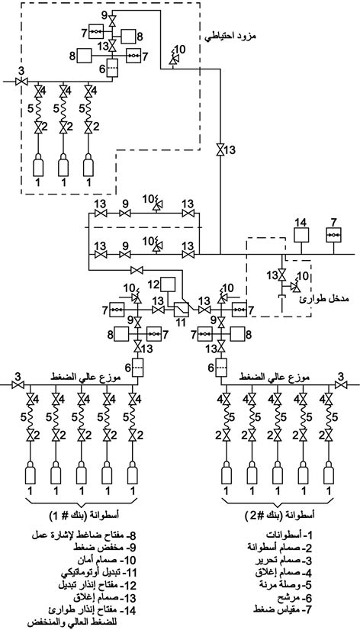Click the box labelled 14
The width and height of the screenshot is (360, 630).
click(x=301, y=235)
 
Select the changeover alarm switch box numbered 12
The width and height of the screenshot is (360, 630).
click(x=168, y=284)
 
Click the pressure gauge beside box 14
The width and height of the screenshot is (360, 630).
click(x=333, y=235)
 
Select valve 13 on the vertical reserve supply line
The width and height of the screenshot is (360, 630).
click(x=220, y=150)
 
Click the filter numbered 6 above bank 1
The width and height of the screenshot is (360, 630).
click(x=138, y=367)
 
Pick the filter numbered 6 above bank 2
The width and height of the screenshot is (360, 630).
click(x=221, y=367)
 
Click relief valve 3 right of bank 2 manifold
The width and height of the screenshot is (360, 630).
click(x=342, y=385)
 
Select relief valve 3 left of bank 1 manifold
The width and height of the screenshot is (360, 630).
click(x=18, y=385)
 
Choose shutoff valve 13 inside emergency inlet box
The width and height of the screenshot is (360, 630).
click(x=281, y=275)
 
